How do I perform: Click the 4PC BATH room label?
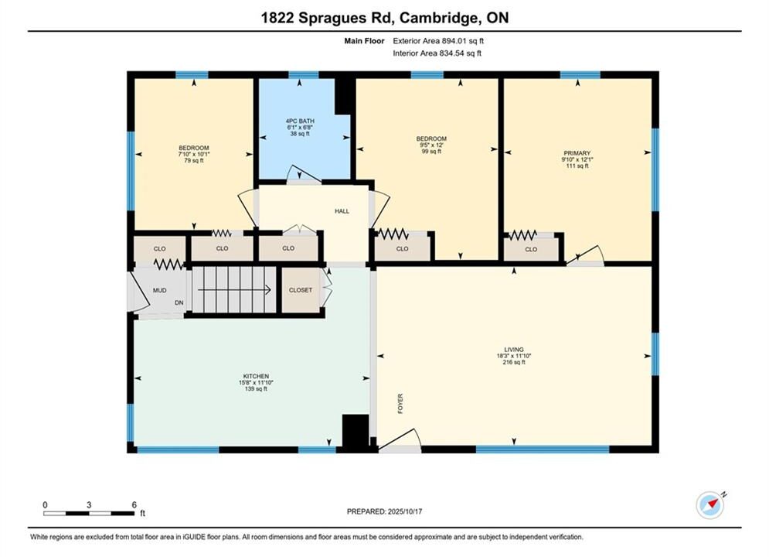pos(300,121)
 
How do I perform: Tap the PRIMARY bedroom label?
pos(577,153)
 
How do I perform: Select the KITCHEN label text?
pos(256,377)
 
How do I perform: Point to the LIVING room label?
pos(514,350)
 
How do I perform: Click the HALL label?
pos(342,211)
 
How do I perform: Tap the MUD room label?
pos(159,291)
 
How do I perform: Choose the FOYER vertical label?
pos(400,403)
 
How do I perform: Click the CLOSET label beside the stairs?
pos(301,290)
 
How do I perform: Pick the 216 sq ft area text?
pos(514,362)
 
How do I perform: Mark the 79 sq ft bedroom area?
pos(194,160)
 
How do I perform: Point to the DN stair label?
pos(179,302)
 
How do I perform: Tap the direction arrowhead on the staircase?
pos(267,290)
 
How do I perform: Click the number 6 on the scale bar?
pos(134,504)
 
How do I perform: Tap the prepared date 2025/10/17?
pos(405,511)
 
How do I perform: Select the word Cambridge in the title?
pos(439,18)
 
